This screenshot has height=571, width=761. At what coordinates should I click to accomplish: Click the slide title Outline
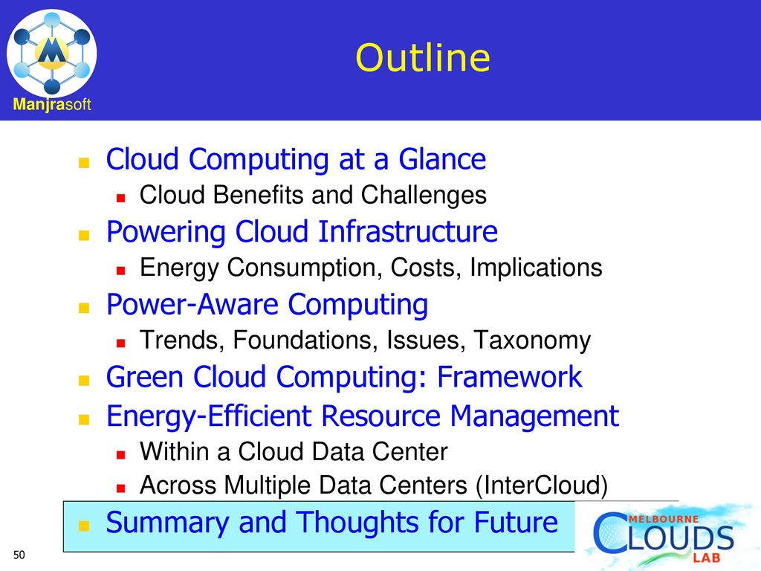point(423,58)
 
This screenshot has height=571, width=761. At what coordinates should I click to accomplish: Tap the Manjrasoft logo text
point(52,104)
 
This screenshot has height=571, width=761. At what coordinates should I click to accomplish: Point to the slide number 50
point(19,555)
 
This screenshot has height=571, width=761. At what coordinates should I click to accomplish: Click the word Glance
point(442,159)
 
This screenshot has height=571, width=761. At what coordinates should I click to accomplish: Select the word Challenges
point(424,196)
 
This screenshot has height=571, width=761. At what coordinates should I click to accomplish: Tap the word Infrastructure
point(408,231)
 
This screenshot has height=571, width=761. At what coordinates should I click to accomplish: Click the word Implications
point(536,268)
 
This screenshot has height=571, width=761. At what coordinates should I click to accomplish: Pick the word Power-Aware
point(192,304)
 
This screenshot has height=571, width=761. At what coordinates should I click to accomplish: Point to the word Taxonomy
point(532,341)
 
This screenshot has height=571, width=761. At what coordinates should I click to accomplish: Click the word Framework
point(510,377)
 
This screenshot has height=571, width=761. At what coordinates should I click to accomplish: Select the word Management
point(534,416)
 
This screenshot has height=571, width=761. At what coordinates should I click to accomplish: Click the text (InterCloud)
point(542,485)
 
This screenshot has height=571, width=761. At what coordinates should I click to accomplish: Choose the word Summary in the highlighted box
point(167,523)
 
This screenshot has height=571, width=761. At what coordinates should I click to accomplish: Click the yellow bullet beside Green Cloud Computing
point(84,380)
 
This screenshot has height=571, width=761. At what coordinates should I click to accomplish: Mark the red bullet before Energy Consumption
point(121,271)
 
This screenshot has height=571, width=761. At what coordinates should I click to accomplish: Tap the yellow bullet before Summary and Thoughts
point(84,526)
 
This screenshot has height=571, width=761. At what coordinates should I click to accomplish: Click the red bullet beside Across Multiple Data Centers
point(121,488)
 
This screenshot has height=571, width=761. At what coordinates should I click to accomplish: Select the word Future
point(516,523)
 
